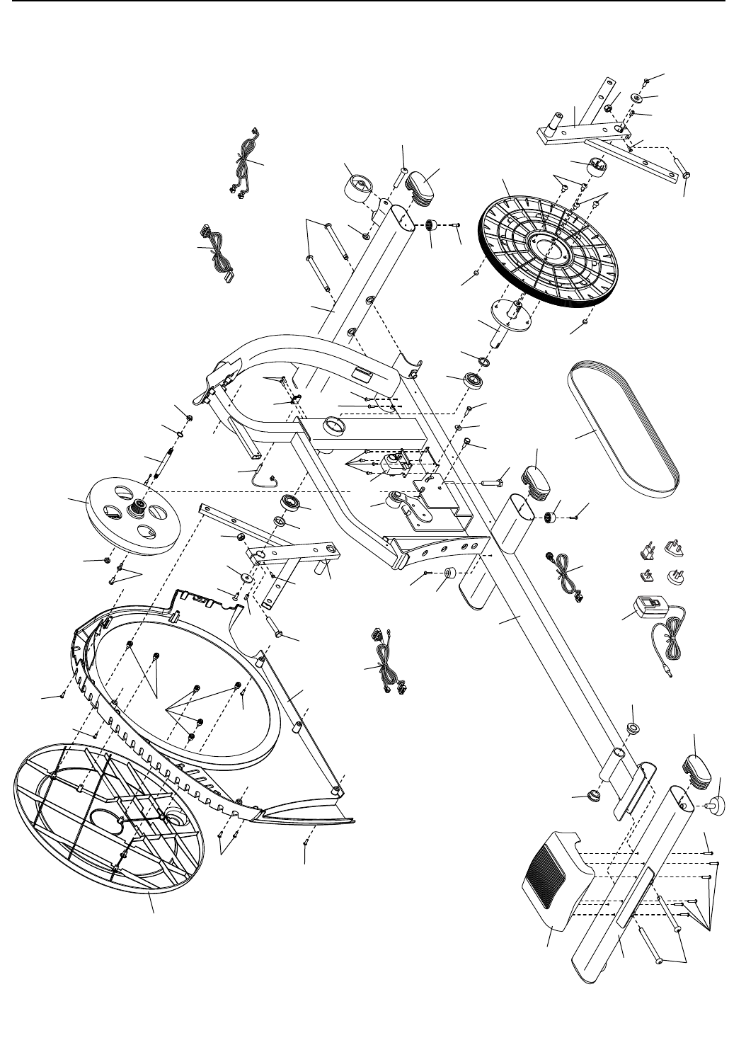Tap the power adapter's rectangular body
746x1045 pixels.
pos(648,608)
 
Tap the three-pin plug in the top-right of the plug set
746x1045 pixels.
pos(672,548)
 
